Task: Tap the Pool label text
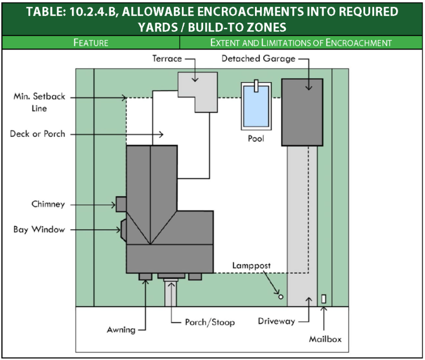click(x=256, y=139)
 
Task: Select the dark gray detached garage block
click(x=302, y=112)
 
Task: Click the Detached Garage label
click(x=258, y=59)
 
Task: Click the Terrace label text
click(x=167, y=59)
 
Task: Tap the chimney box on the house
click(x=121, y=204)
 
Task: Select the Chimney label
click(x=48, y=204)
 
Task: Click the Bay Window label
click(x=39, y=230)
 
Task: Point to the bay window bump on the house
click(x=124, y=230)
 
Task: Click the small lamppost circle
click(x=280, y=297)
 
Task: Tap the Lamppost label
click(x=251, y=266)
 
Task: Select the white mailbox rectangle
click(x=324, y=299)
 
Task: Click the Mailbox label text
click(x=325, y=339)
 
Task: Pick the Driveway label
click(x=276, y=321)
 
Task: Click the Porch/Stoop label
click(x=209, y=322)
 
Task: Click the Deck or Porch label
click(x=37, y=134)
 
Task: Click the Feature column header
click(x=91, y=42)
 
